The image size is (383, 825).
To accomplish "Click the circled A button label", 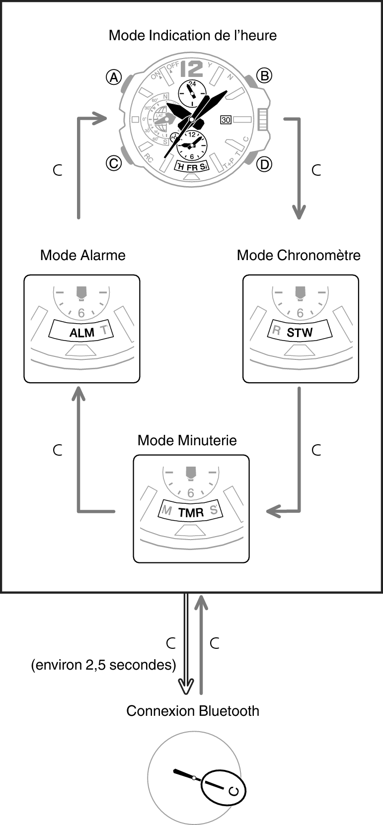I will click(114, 77).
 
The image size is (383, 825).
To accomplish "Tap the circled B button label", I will click(264, 75).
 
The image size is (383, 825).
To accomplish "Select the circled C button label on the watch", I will click(114, 163).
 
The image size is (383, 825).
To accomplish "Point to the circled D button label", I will click(264, 164).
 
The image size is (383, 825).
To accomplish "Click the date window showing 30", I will click(226, 120).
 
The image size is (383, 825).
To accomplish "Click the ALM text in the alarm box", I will click(82, 333).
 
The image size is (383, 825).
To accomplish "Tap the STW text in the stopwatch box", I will click(300, 333).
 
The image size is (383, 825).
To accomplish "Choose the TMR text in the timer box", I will click(191, 513).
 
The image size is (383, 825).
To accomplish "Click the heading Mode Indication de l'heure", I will click(193, 36).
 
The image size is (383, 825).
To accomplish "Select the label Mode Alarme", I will click(83, 255).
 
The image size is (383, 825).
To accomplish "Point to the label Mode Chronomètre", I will click(299, 255).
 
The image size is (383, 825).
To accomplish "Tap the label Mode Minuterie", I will click(187, 440).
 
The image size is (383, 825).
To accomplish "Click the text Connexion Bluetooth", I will click(193, 711).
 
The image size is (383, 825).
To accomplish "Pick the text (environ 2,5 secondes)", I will click(104, 665).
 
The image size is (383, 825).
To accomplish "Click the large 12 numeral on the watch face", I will click(192, 69).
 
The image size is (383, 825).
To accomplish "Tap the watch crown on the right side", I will click(263, 120).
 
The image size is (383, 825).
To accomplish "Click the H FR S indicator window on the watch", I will click(192, 167).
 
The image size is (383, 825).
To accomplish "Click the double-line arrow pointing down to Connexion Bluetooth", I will click(186, 645).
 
